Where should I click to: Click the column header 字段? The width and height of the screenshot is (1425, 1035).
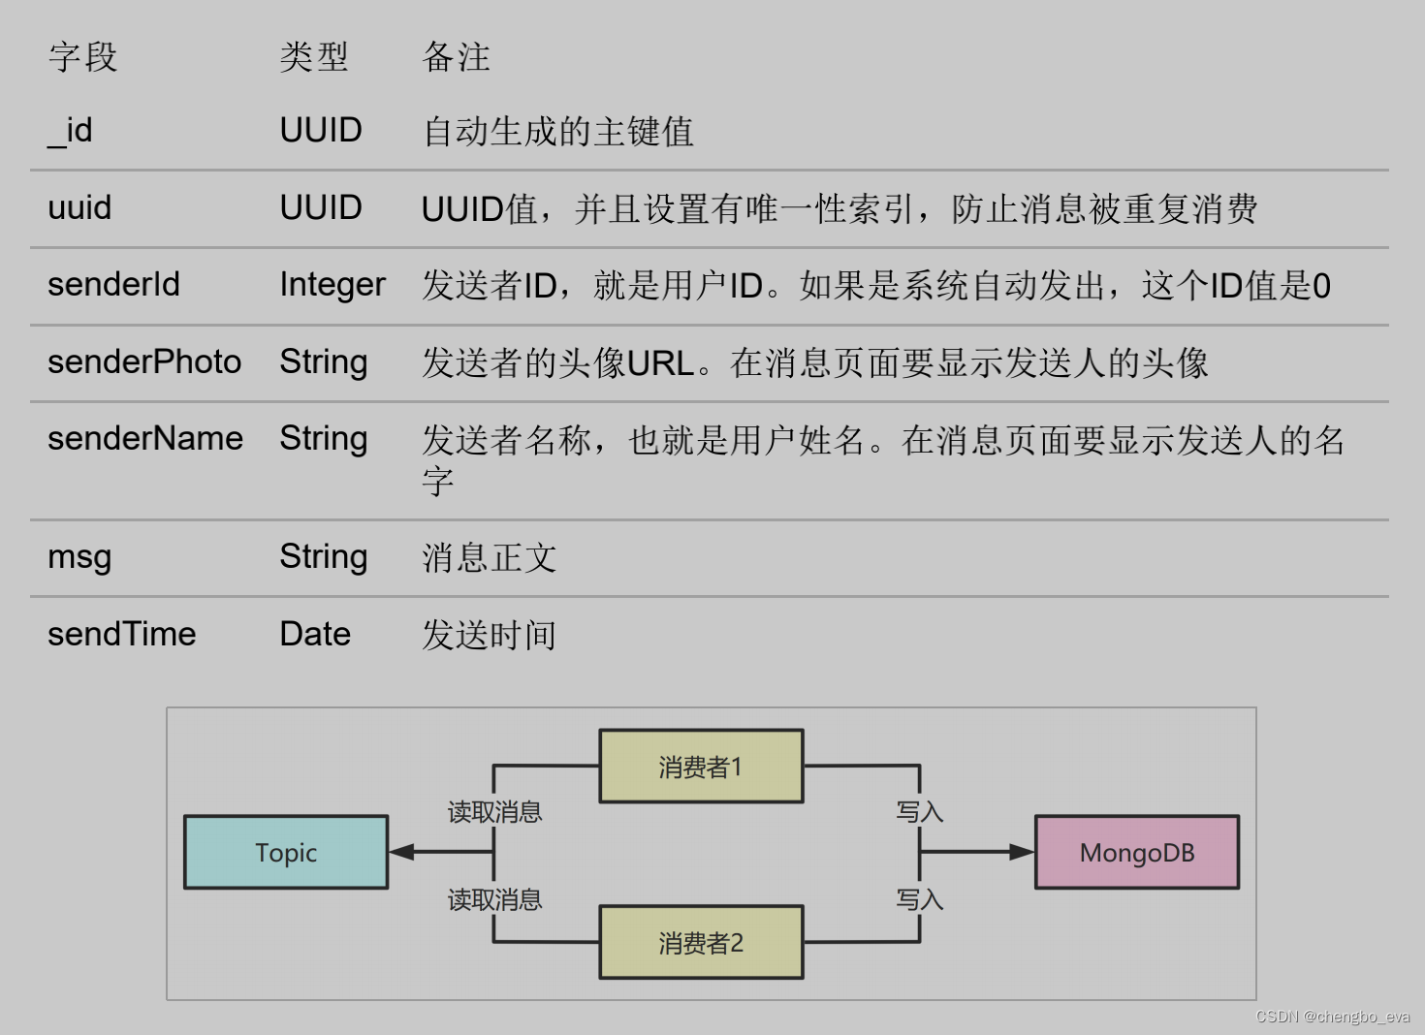pos(82,57)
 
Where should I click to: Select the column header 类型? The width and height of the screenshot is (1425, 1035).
pos(313,57)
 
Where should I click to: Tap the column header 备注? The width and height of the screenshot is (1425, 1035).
pos(456,57)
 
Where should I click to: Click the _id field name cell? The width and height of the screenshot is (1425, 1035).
pos(70,131)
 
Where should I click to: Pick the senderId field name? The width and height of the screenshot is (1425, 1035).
pos(113,285)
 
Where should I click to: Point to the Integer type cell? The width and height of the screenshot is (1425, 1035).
pos(332,285)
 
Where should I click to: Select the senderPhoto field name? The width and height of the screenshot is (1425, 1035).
pos(144,362)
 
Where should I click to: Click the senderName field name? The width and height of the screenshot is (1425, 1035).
pos(145,439)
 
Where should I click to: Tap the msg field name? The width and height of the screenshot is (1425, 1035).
pos(79,557)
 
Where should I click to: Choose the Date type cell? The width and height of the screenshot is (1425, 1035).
pos(315,635)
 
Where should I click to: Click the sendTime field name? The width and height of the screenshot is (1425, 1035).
pos(122,635)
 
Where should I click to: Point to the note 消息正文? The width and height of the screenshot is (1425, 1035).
pos(489,558)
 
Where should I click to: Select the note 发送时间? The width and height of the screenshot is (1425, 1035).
pos(489,636)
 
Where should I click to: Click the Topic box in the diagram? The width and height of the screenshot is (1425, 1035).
pos(286,853)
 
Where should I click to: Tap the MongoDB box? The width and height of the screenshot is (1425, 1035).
pos(1137,853)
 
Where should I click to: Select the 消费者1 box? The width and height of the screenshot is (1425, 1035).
pos(701,767)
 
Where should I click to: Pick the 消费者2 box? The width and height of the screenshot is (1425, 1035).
pos(701,943)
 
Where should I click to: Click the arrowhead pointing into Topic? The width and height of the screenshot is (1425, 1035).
pos(401,852)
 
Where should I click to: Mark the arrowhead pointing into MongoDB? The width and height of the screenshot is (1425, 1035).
pos(1022,852)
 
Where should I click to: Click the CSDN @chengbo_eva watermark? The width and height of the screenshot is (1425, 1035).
pos(1332,1017)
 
